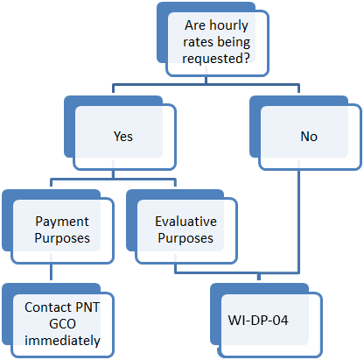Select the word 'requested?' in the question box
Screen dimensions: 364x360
[216, 59]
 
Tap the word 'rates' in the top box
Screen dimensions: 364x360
[198, 42]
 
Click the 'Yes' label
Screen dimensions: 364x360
[123, 137]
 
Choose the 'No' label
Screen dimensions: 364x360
[309, 137]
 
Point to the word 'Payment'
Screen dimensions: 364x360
[62, 222]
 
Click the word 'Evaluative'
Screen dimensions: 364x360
[185, 222]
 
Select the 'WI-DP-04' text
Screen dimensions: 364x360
[258, 321]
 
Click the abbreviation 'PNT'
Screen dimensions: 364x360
[87, 307]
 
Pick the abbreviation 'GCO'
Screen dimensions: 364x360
[62, 324]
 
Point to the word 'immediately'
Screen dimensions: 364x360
[62, 341]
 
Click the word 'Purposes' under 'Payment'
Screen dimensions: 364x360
[62, 238]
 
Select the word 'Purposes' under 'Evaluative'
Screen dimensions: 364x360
[185, 238]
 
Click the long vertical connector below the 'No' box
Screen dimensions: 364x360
[298, 221]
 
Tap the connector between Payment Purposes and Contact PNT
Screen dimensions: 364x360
[51, 272]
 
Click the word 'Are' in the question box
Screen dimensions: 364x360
[195, 25]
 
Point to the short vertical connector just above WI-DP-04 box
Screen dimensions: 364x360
[259, 276]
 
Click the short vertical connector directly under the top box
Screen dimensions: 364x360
[206, 81]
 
